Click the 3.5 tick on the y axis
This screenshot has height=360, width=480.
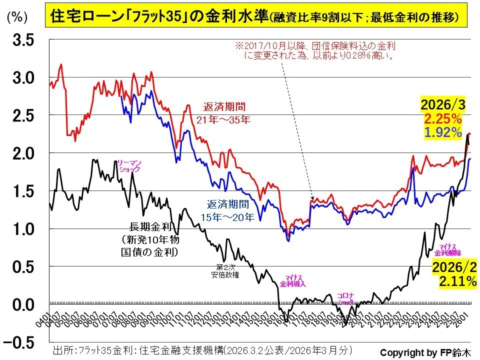pyautogui.click(x=23, y=40)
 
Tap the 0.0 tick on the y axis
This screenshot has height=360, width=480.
pyautogui.click(x=23, y=304)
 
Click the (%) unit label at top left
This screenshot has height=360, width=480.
pyautogui.click(x=16, y=16)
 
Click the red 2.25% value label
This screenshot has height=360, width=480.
pyautogui.click(x=443, y=119)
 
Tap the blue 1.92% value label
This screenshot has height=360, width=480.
pyautogui.click(x=443, y=132)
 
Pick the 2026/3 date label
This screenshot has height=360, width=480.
pyautogui.click(x=440, y=106)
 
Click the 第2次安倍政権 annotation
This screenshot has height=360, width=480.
pyautogui.click(x=225, y=271)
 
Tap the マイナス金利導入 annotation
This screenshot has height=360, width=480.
pyautogui.click(x=293, y=280)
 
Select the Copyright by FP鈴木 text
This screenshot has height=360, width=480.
pyautogui.click(x=425, y=351)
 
